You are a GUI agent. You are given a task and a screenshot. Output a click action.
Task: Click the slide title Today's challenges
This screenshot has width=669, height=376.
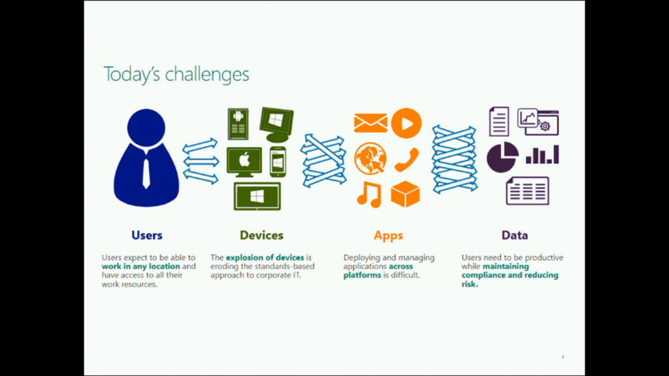pos(176,75)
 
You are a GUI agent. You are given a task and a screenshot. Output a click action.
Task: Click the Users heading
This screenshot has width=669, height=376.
pos(147,235)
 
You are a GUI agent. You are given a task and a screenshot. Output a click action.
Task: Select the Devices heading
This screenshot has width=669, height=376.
pos(261,235)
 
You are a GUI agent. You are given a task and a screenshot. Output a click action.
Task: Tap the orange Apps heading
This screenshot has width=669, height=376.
pos(388,236)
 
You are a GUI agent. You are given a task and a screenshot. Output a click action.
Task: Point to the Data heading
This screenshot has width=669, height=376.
pos(515,235)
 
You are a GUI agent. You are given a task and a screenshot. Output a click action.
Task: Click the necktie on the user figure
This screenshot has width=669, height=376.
pos(146,173)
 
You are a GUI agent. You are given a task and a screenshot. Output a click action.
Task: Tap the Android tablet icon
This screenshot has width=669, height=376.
pos(238,124)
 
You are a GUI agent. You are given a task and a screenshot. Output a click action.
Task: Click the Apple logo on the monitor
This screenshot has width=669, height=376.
pos(244,160)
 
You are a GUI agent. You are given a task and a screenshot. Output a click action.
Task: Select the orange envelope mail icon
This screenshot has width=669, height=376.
pos(370,123)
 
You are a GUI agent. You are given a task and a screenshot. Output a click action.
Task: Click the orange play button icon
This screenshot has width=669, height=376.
pos(406,123)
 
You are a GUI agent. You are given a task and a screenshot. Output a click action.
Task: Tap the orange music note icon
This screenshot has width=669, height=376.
pos(369,194)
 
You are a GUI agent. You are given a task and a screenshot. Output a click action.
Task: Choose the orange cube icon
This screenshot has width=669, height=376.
pos(405,194)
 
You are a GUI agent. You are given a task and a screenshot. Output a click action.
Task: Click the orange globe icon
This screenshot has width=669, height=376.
pos(370,158)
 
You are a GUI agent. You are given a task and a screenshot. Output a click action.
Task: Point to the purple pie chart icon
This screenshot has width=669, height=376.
pos(502,157)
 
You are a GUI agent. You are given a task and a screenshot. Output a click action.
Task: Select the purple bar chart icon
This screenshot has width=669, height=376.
pos(542,155)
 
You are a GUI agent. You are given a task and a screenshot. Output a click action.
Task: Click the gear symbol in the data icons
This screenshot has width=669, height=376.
pos(545,126)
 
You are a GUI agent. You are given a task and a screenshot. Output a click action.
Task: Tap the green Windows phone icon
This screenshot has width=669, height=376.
pos(278,162)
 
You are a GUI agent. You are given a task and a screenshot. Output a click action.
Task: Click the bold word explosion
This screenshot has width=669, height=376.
pos(244,258)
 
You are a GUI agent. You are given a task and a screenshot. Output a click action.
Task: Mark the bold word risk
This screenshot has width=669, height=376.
pos(470,284)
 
